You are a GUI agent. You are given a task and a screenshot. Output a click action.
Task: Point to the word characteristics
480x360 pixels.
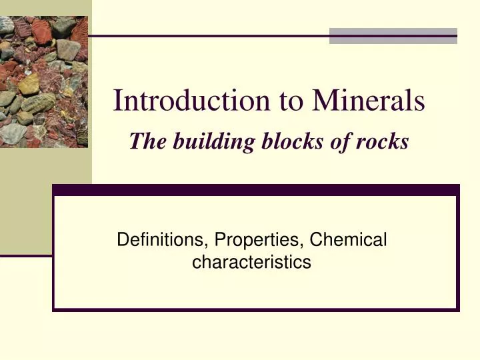(x=251, y=263)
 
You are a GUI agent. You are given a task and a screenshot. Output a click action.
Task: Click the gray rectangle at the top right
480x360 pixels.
(x=393, y=35)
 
